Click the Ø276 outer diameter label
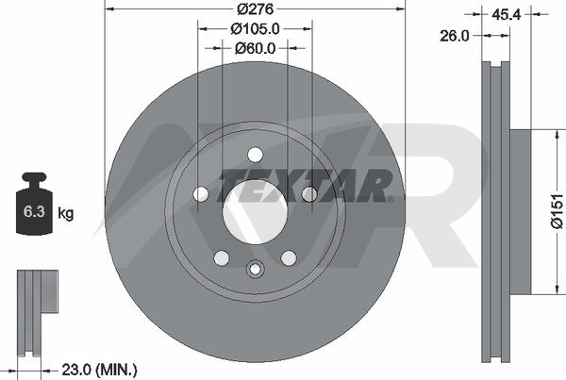coord(256,9)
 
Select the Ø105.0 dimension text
coord(255,29)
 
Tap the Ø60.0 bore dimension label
coord(255,48)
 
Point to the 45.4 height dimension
coord(506,14)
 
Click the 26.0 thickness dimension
coord(454,36)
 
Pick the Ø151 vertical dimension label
coord(557,211)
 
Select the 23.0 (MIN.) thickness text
coord(100,370)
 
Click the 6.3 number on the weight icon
coord(34,211)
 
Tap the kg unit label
coord(66,214)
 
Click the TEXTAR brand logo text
coord(305,186)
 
